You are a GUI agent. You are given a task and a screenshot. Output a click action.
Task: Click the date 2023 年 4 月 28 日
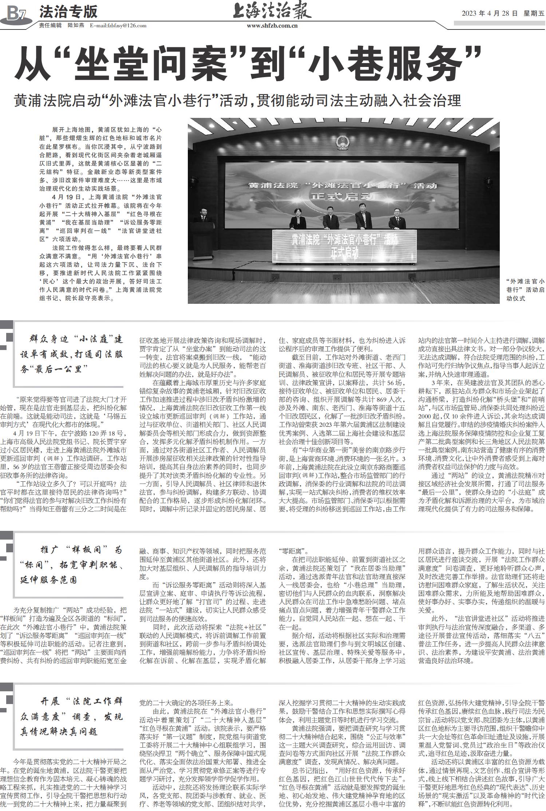point(489,13)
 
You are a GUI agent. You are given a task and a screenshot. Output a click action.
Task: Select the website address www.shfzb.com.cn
point(272,26)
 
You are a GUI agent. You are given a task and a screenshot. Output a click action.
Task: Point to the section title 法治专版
point(68,12)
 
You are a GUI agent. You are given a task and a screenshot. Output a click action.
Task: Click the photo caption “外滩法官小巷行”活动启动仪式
point(525,290)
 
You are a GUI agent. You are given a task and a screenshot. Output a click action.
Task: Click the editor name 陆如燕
point(76,25)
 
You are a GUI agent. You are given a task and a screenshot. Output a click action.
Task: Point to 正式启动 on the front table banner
point(344,252)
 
